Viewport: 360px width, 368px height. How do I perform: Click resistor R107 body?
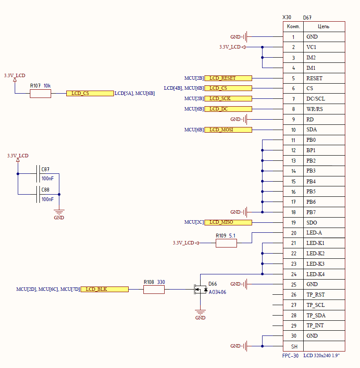[40, 94]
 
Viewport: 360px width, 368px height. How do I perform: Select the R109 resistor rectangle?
[226, 243]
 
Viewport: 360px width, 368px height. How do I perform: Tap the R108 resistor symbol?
[154, 290]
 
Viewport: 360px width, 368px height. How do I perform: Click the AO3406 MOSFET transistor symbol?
[201, 290]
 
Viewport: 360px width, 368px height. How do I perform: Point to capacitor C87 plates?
[38, 174]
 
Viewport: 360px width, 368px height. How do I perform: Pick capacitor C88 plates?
[38, 194]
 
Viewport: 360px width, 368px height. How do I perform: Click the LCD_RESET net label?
[228, 78]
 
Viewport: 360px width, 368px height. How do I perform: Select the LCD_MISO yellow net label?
[228, 222]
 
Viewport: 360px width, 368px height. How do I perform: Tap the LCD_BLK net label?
[104, 290]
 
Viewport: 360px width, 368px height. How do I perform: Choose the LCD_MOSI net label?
[228, 130]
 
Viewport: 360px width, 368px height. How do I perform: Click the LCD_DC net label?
[228, 109]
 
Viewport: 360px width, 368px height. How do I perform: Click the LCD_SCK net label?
[228, 98]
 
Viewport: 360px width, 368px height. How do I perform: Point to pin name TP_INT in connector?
[315, 326]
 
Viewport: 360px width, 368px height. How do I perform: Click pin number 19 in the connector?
[293, 223]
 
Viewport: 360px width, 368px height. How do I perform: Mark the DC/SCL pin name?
[316, 99]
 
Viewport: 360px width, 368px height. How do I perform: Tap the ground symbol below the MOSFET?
[200, 313]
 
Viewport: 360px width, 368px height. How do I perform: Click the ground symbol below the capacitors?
[59, 212]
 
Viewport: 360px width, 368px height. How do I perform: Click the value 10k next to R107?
[47, 86]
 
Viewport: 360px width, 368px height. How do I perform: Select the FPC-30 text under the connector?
[290, 356]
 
